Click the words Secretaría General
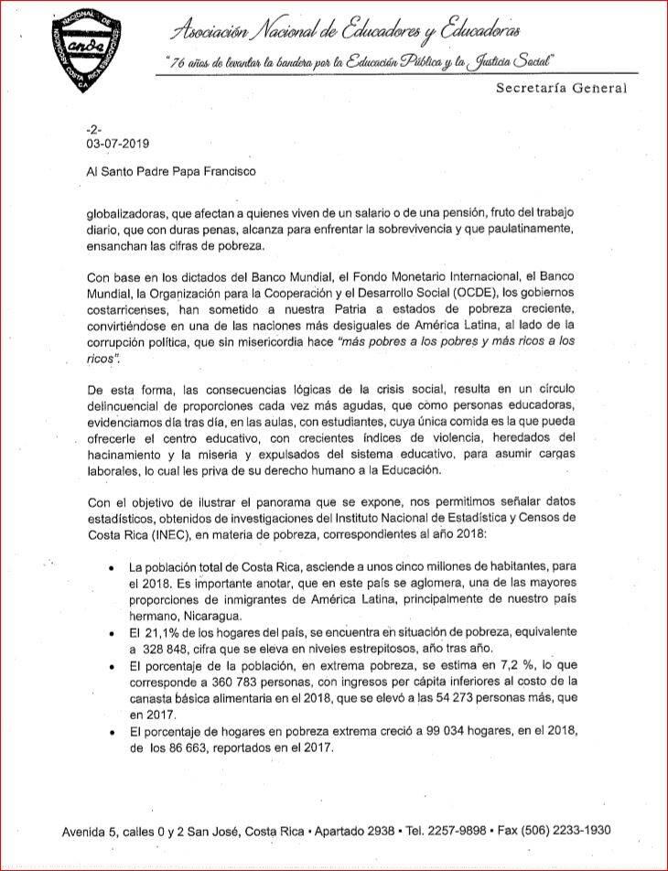pos(562,89)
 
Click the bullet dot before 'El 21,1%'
pos(111,633)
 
